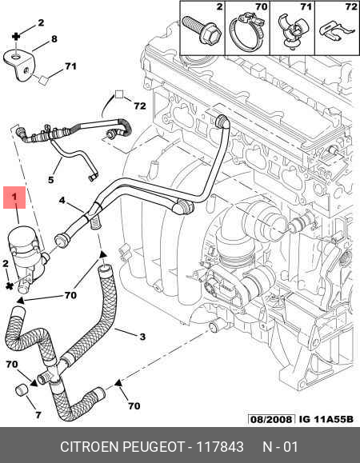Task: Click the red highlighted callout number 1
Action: click(x=14, y=198)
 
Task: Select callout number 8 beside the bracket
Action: click(x=54, y=39)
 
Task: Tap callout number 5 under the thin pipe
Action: click(x=50, y=180)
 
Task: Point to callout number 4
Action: click(x=62, y=201)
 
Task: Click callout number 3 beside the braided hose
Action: click(x=142, y=337)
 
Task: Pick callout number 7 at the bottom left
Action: click(x=38, y=415)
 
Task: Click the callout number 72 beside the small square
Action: click(x=140, y=106)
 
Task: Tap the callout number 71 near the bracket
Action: click(x=70, y=66)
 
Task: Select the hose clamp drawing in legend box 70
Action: click(x=247, y=33)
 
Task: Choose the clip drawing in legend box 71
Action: click(x=292, y=31)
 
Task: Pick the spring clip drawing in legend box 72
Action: click(x=337, y=30)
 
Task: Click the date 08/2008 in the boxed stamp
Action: click(x=271, y=419)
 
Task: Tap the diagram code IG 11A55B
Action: click(x=326, y=419)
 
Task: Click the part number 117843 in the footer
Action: click(x=220, y=447)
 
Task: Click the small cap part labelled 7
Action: click(x=22, y=389)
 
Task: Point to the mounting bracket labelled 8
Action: click(x=20, y=66)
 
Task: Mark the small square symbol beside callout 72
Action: click(x=119, y=94)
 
